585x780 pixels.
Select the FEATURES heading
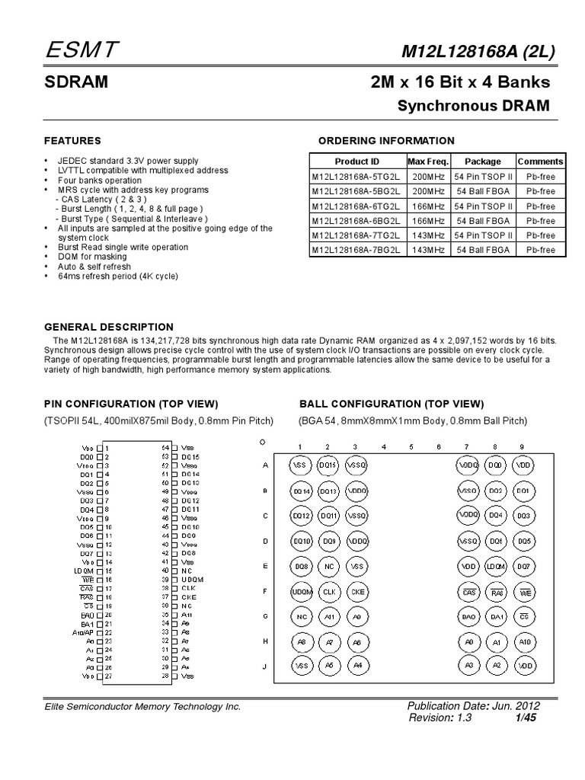click(x=72, y=141)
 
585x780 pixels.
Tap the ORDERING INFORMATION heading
click(x=386, y=141)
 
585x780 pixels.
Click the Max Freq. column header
click(x=428, y=161)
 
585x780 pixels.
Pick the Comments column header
click(x=540, y=161)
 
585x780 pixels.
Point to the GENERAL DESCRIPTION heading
click(x=108, y=327)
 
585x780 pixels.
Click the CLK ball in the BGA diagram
click(x=328, y=591)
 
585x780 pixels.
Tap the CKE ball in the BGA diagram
click(x=356, y=591)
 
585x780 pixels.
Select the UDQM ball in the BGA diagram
click(x=301, y=591)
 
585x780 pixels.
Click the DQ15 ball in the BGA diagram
click(x=328, y=464)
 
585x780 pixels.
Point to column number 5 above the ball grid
click(x=411, y=446)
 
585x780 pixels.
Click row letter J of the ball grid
click(x=264, y=667)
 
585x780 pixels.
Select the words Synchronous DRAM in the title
click(x=473, y=106)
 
